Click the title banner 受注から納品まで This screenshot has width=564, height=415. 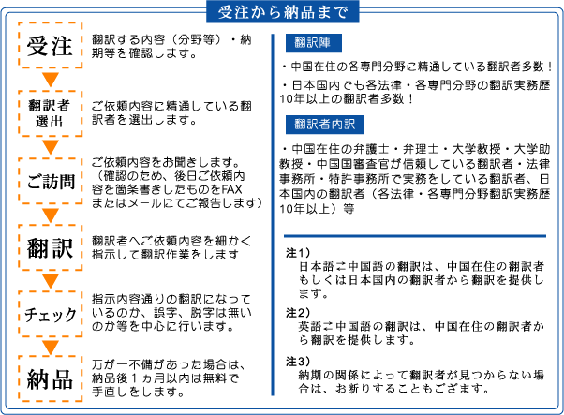[283, 12]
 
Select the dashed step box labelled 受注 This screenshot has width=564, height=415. [51, 45]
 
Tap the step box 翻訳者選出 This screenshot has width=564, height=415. [51, 113]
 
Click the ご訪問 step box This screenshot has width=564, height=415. [51, 181]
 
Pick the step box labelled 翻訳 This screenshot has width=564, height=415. [51, 247]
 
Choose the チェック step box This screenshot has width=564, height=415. [51, 314]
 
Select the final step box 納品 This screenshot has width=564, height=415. [51, 378]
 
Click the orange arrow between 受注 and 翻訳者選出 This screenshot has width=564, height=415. [51, 80]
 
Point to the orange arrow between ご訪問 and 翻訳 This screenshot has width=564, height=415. [51, 215]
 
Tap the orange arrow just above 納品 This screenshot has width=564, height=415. [51, 347]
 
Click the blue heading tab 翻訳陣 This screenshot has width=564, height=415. [314, 43]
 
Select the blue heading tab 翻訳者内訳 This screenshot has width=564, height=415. [325, 125]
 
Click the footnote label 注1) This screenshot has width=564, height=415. [298, 253]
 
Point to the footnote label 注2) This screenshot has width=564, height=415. [298, 313]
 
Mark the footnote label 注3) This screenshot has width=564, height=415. [298, 362]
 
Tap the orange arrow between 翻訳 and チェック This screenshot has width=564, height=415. [51, 281]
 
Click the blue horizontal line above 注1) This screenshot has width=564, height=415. [415, 236]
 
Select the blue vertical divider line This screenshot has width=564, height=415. [273, 215]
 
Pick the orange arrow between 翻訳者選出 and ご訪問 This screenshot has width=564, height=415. [51, 147]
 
